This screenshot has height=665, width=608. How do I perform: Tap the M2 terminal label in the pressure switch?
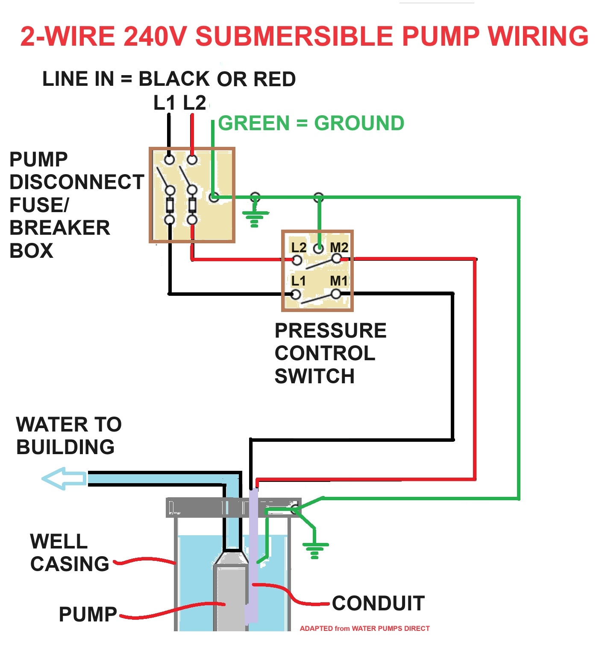click(x=339, y=248)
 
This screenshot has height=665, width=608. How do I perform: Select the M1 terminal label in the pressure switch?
click(x=339, y=281)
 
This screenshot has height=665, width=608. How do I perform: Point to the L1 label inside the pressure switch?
click(x=298, y=281)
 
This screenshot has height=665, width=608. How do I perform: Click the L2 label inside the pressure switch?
click(x=299, y=248)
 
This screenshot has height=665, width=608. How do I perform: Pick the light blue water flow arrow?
click(x=64, y=478)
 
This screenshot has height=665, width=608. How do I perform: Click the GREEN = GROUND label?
click(x=311, y=123)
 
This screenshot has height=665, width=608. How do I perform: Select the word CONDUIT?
click(x=378, y=603)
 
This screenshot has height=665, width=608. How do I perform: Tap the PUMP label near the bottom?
click(x=88, y=615)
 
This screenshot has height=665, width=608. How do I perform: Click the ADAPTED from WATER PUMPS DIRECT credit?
click(x=364, y=628)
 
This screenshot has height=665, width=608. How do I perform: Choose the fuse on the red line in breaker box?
click(x=192, y=205)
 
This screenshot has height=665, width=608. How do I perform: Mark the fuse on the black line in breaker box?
click(x=170, y=205)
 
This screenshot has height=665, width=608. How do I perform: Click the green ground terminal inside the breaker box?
click(x=214, y=197)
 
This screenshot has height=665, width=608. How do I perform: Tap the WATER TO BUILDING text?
click(x=68, y=436)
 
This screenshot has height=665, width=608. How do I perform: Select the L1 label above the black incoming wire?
click(x=164, y=103)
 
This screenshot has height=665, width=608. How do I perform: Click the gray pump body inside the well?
click(x=230, y=598)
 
